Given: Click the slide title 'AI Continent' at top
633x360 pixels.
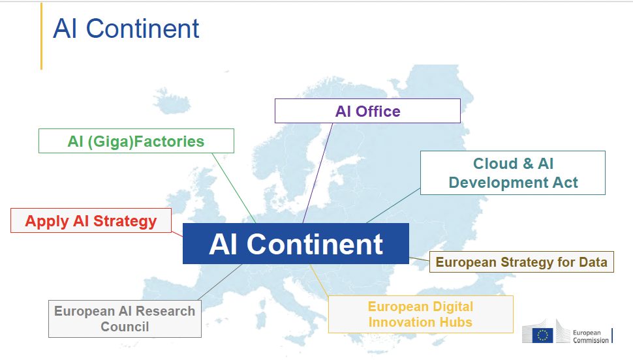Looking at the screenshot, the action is click(126, 29).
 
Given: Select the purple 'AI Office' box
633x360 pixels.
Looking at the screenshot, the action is click(367, 111).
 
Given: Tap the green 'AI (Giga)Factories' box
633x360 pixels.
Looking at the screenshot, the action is click(136, 141).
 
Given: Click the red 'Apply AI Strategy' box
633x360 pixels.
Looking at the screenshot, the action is click(91, 220).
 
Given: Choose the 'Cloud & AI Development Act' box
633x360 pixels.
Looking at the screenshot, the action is click(513, 173).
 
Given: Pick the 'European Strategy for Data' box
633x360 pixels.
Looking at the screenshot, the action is click(521, 262).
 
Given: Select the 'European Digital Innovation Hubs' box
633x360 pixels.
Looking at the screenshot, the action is click(421, 314).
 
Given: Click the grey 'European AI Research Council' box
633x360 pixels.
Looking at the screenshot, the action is click(125, 319).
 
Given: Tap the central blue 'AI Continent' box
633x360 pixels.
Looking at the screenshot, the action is click(296, 244).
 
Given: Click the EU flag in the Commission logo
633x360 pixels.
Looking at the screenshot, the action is click(542, 335).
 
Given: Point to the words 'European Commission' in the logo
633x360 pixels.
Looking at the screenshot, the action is click(591, 336).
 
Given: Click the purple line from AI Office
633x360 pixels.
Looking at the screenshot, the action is click(318, 173).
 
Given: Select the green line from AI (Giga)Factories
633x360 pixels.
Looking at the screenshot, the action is click(234, 188).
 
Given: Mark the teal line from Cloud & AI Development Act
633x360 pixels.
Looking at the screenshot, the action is click(394, 206).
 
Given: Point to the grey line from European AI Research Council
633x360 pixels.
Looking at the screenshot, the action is click(220, 282).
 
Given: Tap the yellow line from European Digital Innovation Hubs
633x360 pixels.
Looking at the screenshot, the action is click(320, 280).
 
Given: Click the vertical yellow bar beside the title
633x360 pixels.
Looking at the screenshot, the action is click(41, 37).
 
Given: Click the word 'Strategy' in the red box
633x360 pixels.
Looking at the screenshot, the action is click(125, 221).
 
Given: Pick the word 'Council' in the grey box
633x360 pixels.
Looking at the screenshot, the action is click(125, 327).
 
